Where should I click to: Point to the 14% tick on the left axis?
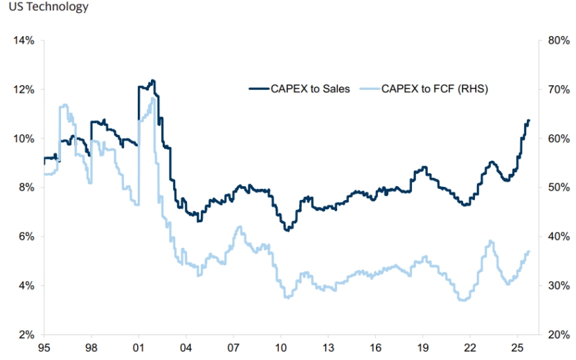coord(24,40)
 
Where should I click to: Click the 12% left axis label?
coord(24,89)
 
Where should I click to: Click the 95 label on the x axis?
coord(44,348)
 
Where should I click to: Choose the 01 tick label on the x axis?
coord(138,348)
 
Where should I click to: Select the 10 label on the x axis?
coord(281,348)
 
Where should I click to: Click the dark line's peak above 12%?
coord(152,81)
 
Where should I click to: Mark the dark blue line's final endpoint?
coord(529,120)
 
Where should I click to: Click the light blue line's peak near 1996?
coord(64,105)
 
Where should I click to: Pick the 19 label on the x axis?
coord(423,348)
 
